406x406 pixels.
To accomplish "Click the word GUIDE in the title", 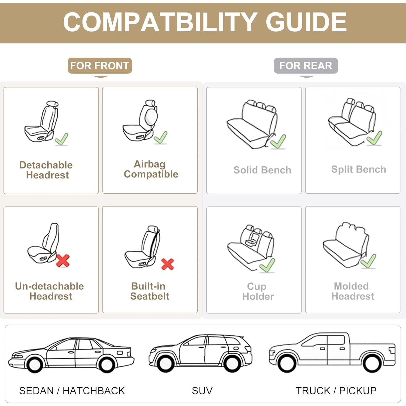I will click(306, 22).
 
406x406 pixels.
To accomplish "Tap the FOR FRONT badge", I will click(100, 66).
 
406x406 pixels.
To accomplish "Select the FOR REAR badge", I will click(306, 66).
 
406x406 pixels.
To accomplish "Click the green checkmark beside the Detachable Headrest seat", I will click(62, 139).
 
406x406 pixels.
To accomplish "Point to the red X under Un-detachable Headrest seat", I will click(63, 260).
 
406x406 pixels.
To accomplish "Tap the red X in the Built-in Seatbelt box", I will click(167, 264).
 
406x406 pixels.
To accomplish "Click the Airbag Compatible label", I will click(150, 169).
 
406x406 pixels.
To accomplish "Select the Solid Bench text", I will click(262, 170).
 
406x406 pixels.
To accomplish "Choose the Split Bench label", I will click(358, 169).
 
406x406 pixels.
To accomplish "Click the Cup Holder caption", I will click(258, 291).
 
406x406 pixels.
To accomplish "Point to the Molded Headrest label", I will click(353, 291).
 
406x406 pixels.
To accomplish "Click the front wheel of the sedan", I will click(35, 365).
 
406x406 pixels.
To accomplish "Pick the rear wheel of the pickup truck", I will click(372, 363).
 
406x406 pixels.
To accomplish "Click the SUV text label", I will click(202, 391).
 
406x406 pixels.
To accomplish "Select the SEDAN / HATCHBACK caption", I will click(72, 391).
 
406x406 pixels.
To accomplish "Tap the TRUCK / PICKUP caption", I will click(336, 391).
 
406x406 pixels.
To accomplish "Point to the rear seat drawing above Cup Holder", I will click(250, 246).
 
